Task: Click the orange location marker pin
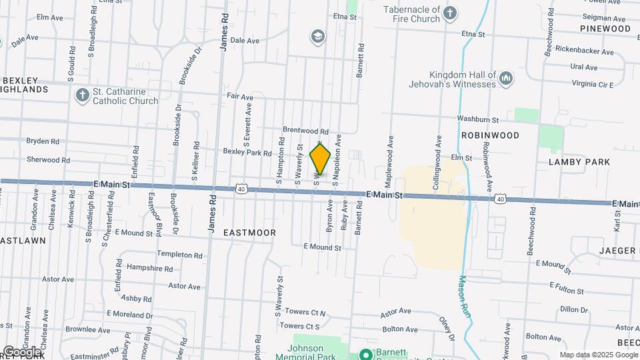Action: [x=320, y=160]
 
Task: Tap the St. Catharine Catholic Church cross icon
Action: [x=83, y=95]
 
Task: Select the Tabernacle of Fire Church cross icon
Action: [x=451, y=13]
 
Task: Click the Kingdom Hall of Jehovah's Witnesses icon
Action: [x=506, y=79]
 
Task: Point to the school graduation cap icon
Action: [x=318, y=36]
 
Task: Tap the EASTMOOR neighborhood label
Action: [x=249, y=233]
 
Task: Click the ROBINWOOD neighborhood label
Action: [x=490, y=135]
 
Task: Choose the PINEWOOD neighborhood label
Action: [x=605, y=29]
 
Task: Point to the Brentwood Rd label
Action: [x=306, y=131]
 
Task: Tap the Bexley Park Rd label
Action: [x=247, y=153]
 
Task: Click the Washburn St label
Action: [x=478, y=119]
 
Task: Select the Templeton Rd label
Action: [x=179, y=255]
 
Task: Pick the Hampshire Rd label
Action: [x=149, y=269]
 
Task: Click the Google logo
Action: [x=22, y=351]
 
